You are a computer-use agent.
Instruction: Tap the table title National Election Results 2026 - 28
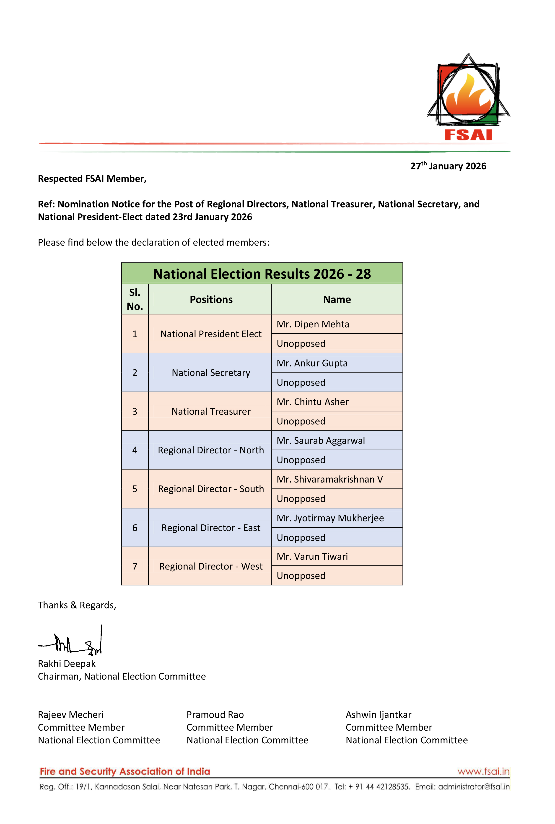(262, 274)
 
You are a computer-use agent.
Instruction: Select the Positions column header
(211, 300)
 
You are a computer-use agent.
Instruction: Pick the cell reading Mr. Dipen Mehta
(313, 324)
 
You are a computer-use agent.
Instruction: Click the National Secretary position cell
(211, 373)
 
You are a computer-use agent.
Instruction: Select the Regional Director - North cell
(211, 450)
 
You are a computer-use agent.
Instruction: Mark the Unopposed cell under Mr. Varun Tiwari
(301, 576)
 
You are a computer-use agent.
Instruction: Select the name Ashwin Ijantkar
(378, 715)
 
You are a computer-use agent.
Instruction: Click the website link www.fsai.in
(483, 772)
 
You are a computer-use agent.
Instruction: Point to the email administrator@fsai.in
(474, 787)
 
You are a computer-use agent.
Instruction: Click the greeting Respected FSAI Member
(92, 179)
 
